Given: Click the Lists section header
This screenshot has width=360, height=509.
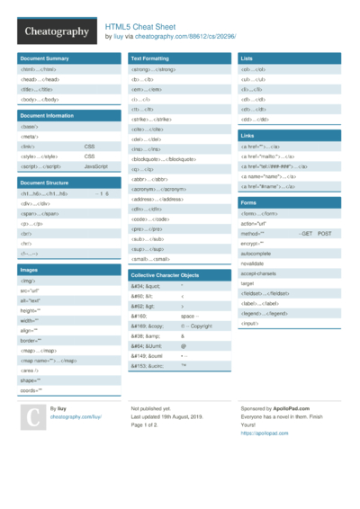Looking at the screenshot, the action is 247,58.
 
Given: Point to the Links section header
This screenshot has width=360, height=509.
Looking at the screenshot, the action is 247,135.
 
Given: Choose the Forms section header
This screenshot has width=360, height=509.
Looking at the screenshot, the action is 248,203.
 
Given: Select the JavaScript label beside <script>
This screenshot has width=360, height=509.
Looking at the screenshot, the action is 96,167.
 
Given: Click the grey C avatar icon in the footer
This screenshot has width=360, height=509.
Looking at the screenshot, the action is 32,418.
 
